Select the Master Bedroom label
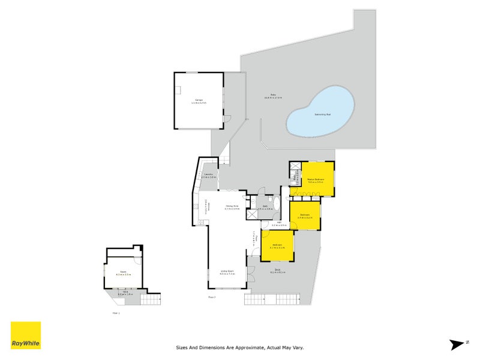click(x=316, y=179)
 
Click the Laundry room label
click(x=208, y=175)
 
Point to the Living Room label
click(x=227, y=272)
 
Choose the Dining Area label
click(x=232, y=208)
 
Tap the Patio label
click(x=276, y=96)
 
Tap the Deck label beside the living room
click(x=277, y=271)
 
